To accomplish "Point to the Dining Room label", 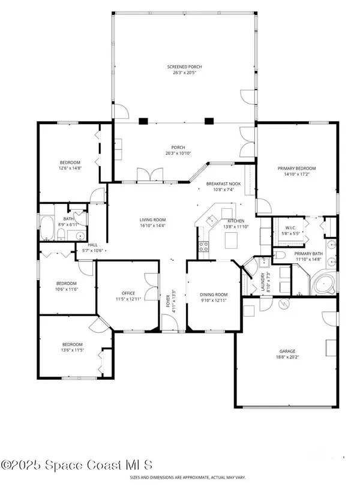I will click(x=214, y=294).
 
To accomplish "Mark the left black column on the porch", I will click(x=143, y=121).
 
